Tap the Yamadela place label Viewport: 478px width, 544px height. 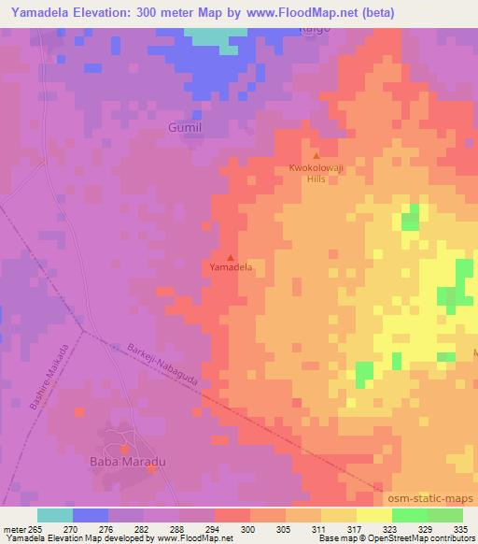(x=231, y=267)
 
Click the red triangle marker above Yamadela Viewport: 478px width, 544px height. (x=231, y=256)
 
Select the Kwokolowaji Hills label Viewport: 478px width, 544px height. (x=316, y=174)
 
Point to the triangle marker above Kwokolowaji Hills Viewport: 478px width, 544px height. (x=316, y=156)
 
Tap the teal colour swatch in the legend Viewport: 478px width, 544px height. (x=55, y=515)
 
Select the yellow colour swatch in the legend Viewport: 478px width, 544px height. (x=373, y=515)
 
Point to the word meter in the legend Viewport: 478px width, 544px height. (x=14, y=528)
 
